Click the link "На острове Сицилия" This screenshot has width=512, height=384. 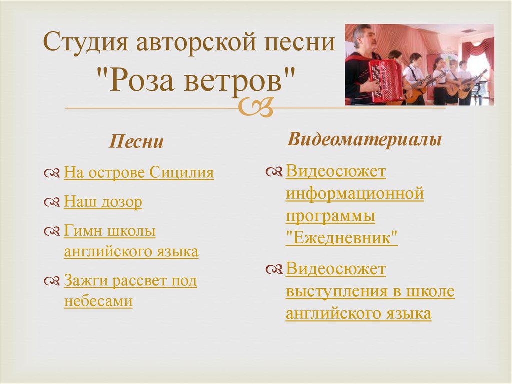click(x=139, y=173)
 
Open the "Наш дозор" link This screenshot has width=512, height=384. click(x=103, y=202)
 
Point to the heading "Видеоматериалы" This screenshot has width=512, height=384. click(x=364, y=139)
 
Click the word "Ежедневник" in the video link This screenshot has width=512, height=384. click(x=342, y=237)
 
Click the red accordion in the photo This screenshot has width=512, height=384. click(x=385, y=80)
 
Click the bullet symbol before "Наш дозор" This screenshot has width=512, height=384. click(x=52, y=203)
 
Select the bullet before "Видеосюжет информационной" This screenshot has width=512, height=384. click(x=274, y=172)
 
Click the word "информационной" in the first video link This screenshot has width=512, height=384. click(x=355, y=193)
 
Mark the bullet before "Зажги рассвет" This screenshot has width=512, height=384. click(x=52, y=282)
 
